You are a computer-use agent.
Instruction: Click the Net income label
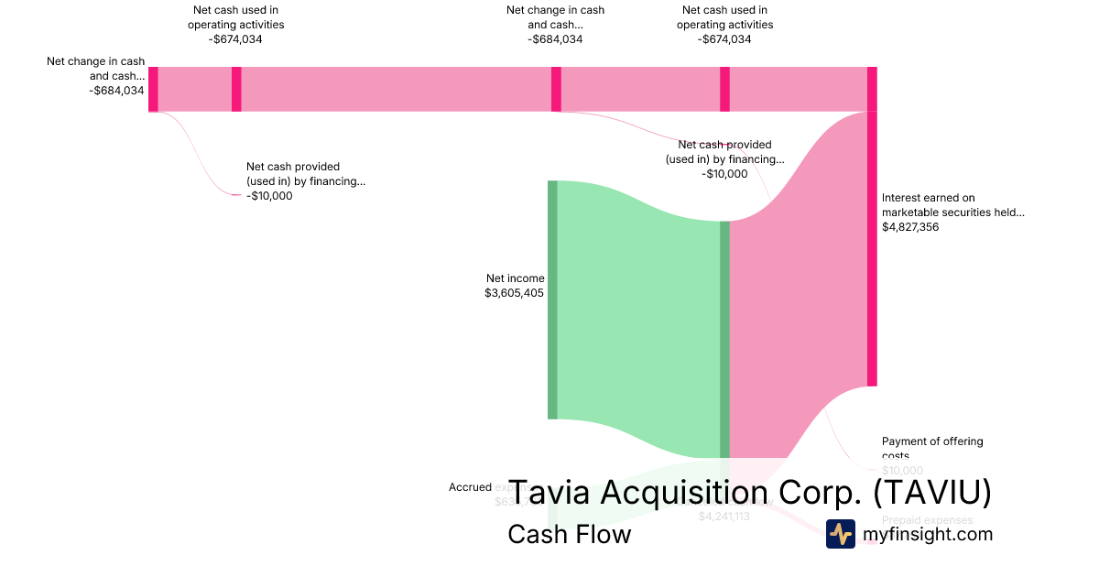coord(515,278)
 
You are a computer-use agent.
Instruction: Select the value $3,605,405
coord(515,293)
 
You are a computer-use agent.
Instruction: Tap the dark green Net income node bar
coord(552,299)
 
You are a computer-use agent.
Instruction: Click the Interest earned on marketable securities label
coord(952,204)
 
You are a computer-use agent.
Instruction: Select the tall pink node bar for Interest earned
coord(872,247)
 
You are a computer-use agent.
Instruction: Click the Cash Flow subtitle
coord(569,534)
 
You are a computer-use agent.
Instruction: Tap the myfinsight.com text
coord(928,534)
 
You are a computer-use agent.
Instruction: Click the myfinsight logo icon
coord(840,534)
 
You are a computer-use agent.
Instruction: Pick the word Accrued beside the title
coord(470,487)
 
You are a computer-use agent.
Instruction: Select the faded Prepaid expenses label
coord(927,520)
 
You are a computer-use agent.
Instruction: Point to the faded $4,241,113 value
coord(724,517)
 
